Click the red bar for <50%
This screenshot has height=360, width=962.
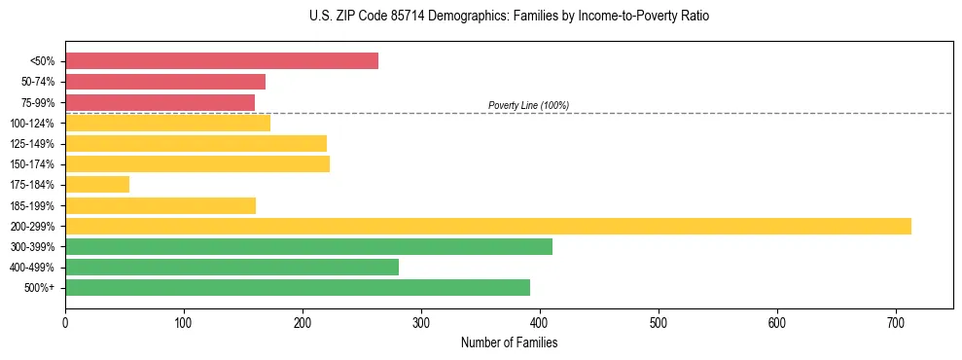pyautogui.click(x=222, y=61)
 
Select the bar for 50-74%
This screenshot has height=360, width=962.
pyautogui.click(x=165, y=82)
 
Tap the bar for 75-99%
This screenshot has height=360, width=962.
pyautogui.click(x=160, y=102)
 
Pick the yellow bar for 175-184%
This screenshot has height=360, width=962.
pyautogui.click(x=97, y=184)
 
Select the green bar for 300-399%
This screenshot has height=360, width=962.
pyautogui.click(x=308, y=246)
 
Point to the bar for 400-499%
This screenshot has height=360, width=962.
pyautogui.click(x=232, y=267)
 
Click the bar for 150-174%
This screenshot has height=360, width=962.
pyautogui.click(x=197, y=163)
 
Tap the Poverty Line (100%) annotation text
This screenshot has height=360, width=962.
pyautogui.click(x=528, y=105)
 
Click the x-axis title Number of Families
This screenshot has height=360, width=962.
pyautogui.click(x=509, y=343)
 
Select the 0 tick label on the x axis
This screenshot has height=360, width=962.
pyautogui.click(x=65, y=321)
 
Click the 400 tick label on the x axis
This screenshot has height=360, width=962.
pyautogui.click(x=540, y=321)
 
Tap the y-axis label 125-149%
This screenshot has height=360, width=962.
pyautogui.click(x=33, y=144)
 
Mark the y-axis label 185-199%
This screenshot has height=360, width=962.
pyautogui.click(x=33, y=205)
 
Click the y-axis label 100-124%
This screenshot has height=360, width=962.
pyautogui.click(x=33, y=124)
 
